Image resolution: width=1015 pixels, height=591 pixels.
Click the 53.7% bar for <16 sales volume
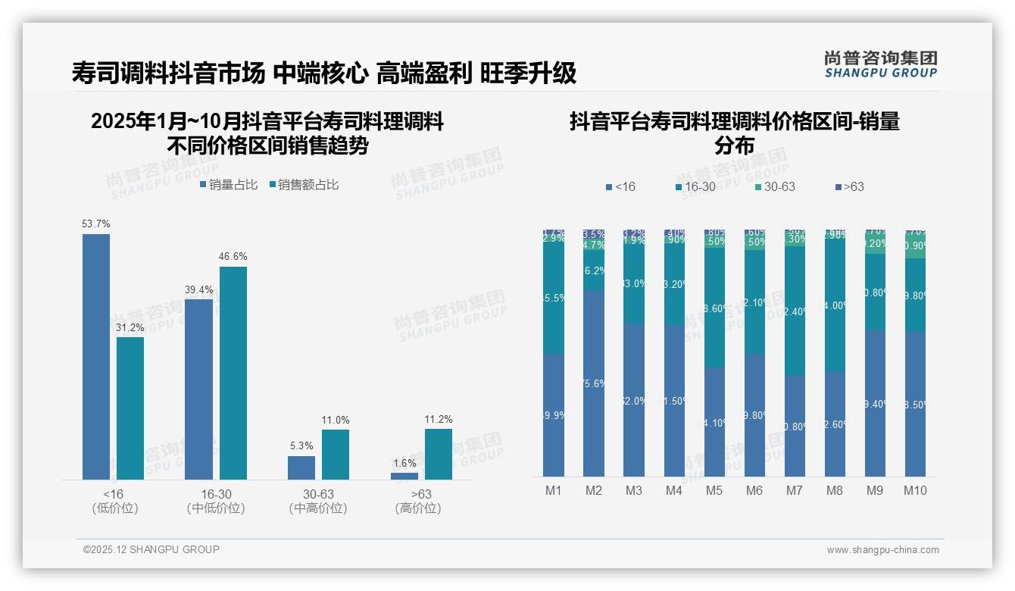[x=96, y=356]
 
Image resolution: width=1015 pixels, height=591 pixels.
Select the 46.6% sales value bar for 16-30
[x=233, y=373]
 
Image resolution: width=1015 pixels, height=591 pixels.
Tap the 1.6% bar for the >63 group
[x=404, y=476]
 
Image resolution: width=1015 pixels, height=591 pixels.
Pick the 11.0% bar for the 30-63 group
[x=336, y=455]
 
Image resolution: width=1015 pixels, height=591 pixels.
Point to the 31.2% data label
[x=130, y=327]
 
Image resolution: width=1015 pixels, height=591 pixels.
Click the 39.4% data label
[x=198, y=289]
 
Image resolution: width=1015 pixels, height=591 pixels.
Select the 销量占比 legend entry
[x=229, y=184]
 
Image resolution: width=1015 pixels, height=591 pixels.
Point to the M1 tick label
[x=554, y=490]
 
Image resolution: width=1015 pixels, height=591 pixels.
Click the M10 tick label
[x=915, y=490]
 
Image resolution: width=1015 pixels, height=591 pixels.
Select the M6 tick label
[x=754, y=490]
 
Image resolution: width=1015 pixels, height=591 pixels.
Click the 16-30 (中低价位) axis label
[x=216, y=501]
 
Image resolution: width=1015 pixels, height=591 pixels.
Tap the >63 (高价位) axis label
[x=418, y=501]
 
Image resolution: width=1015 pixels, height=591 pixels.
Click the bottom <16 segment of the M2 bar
[x=594, y=383]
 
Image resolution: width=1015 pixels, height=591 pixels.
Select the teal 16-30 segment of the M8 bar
[x=835, y=305]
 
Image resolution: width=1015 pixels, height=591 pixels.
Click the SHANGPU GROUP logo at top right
[x=881, y=64]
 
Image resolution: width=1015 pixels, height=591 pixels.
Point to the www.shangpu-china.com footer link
[x=882, y=550]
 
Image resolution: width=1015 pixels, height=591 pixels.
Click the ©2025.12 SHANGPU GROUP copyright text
[x=151, y=549]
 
